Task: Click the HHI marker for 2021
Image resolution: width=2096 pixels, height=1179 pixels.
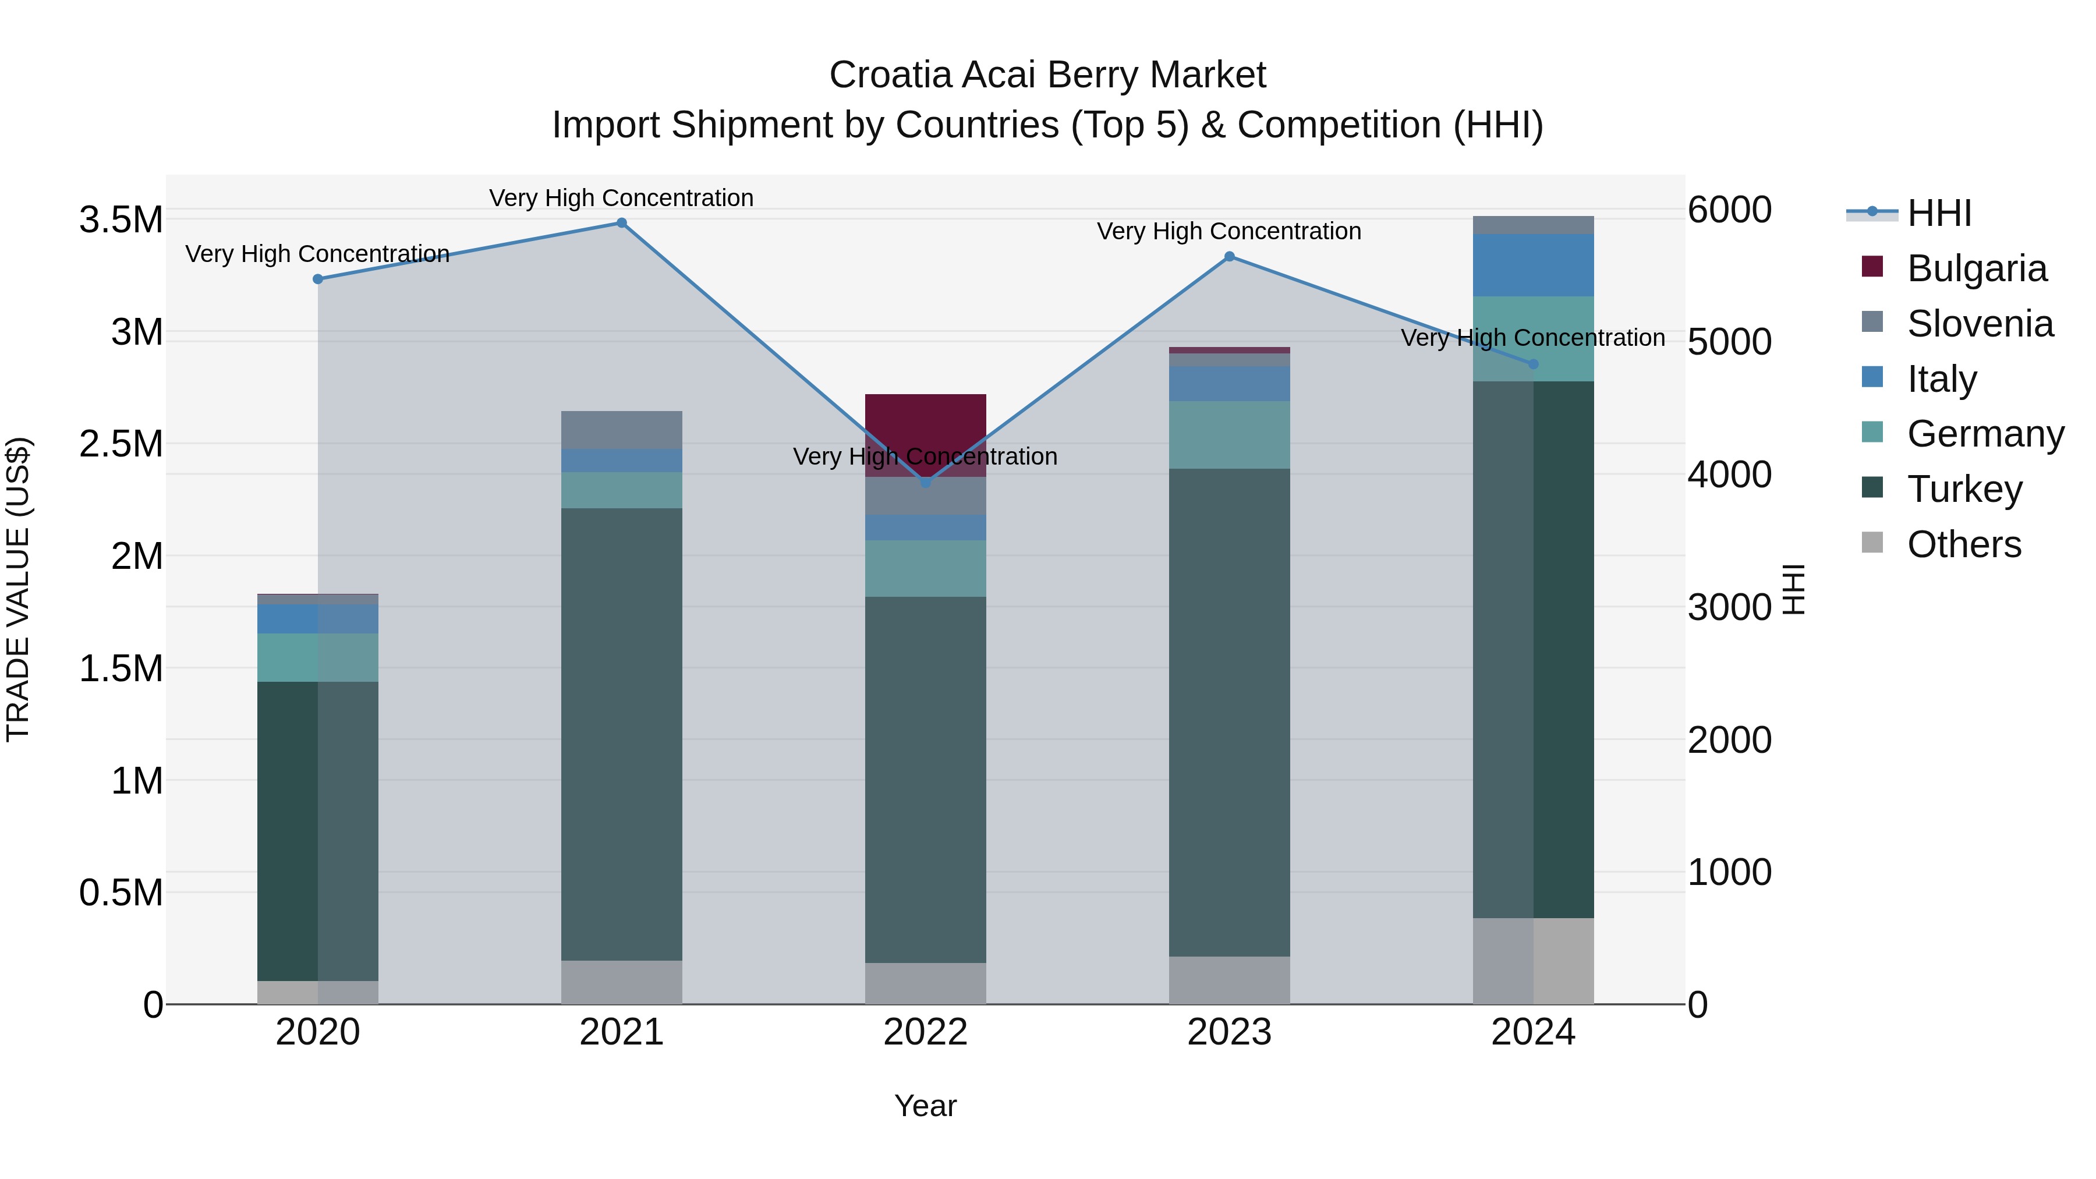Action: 622,223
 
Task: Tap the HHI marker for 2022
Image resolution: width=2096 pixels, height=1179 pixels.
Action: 925,483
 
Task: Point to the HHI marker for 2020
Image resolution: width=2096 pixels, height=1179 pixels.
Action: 318,279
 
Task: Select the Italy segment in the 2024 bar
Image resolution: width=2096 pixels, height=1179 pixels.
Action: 1533,265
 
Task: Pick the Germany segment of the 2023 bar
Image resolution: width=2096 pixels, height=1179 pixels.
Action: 1230,434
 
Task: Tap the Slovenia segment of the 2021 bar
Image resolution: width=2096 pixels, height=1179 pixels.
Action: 622,430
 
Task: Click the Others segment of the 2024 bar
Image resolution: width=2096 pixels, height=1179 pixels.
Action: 1533,960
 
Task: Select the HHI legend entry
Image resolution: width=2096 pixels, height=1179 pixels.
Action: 1939,213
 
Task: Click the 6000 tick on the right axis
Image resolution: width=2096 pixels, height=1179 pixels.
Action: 1730,210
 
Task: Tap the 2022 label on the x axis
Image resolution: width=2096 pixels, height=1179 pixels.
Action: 925,1032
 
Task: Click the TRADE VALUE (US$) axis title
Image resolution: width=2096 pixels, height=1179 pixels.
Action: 18,589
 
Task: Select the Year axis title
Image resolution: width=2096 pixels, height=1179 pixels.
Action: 925,1106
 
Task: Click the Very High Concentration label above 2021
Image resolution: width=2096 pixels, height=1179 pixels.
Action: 622,198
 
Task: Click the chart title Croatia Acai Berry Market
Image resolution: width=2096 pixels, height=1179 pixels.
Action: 1047,75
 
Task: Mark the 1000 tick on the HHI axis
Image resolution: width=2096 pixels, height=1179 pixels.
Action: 1730,872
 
